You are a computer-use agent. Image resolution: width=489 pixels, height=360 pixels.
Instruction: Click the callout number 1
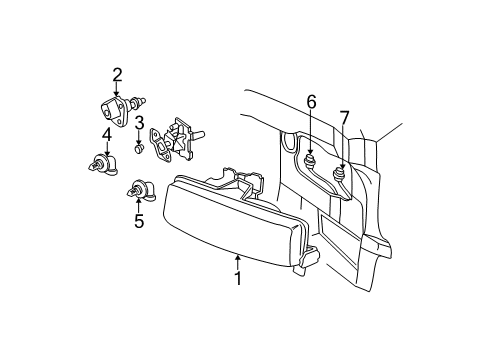pyautogui.click(x=238, y=278)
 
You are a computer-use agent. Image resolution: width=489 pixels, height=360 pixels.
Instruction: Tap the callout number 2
pyautogui.click(x=117, y=73)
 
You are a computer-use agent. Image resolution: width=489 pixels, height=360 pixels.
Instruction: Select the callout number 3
pyautogui.click(x=140, y=123)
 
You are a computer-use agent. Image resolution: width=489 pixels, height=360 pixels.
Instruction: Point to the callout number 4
pyautogui.click(x=105, y=134)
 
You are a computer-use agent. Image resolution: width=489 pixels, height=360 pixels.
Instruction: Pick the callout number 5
pyautogui.click(x=139, y=221)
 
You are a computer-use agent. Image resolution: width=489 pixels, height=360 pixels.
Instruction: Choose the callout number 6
pyautogui.click(x=312, y=101)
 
